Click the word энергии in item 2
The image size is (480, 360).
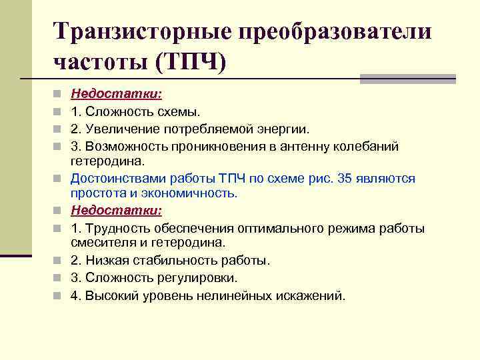[x=288, y=128]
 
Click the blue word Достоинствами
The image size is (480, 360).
[x=117, y=179]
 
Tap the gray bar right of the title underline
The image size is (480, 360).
[x=407, y=79]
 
